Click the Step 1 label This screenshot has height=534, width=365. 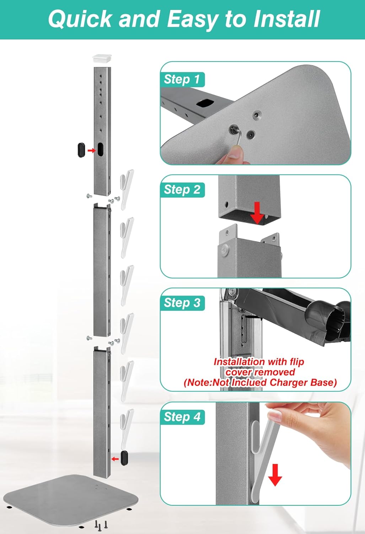tap(182, 79)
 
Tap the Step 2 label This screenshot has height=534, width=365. tap(182, 190)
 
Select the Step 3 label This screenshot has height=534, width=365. tap(182, 303)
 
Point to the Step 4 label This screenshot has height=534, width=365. tap(182, 417)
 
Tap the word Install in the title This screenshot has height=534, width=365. tap(286, 19)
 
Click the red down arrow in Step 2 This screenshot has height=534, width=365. tap(257, 213)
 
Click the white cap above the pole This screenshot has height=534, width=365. tap(102, 59)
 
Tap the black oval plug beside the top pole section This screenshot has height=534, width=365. tap(81, 150)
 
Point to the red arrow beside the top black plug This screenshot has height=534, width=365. tap(91, 151)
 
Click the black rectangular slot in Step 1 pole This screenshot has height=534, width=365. tap(205, 103)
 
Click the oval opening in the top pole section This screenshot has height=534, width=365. tap(101, 150)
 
